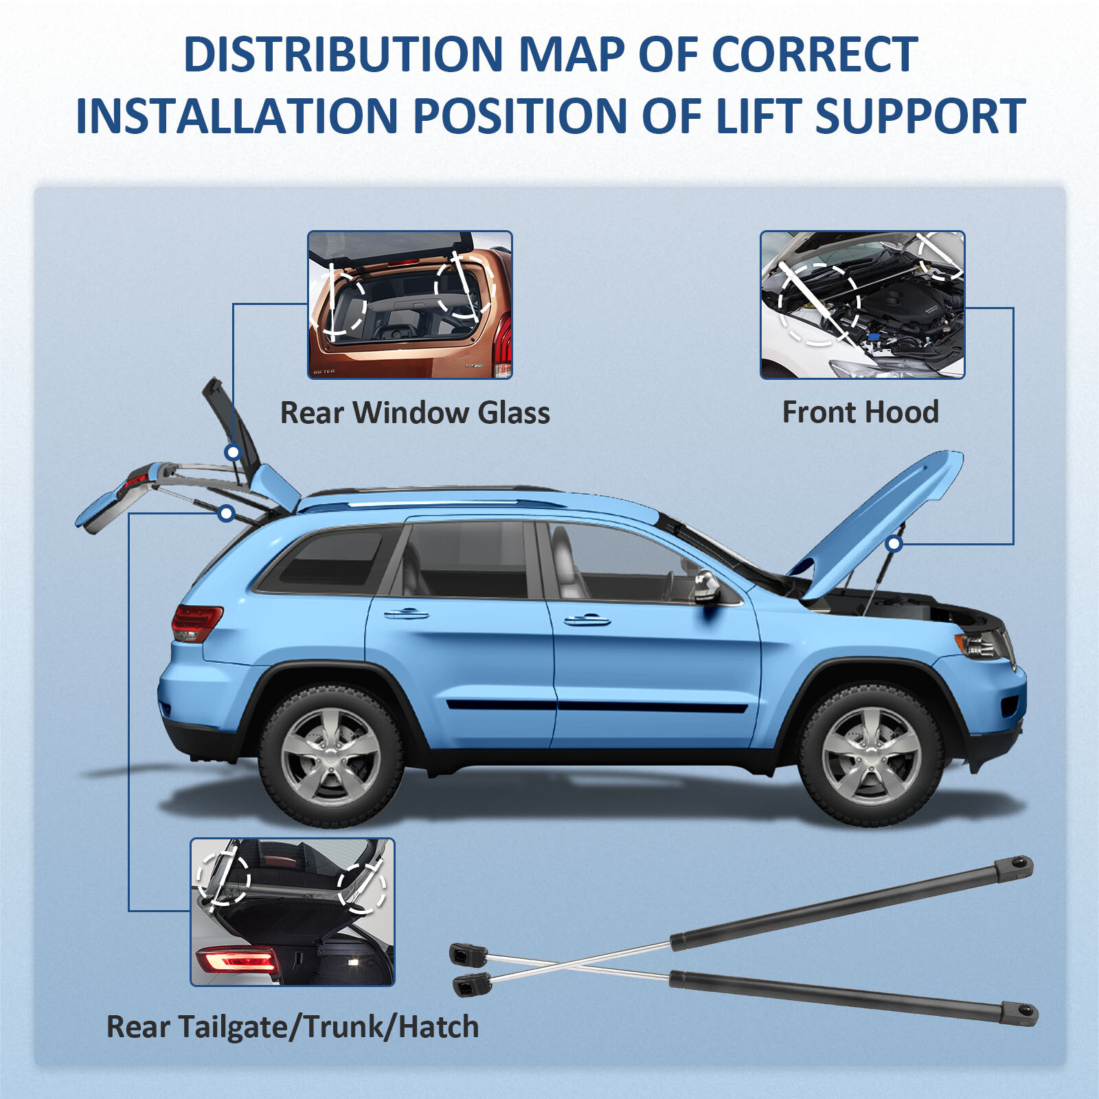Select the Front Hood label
[860, 412]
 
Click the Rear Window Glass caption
[415, 413]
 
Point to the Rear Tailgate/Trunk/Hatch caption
[293, 1027]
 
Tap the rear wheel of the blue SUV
[330, 756]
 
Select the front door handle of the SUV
[587, 620]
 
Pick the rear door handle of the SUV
[406, 613]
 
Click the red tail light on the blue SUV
[196, 622]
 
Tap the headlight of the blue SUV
[982, 644]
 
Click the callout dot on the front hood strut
[894, 544]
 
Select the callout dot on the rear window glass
[233, 452]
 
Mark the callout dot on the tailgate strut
[227, 513]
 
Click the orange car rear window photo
[410, 304]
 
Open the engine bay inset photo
[862, 304]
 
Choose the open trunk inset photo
[293, 911]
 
